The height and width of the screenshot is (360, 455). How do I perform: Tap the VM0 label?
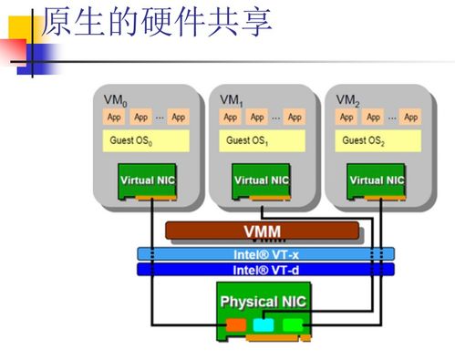[115, 99]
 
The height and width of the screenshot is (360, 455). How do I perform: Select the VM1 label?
[231, 99]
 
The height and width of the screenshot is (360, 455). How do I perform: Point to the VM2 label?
[346, 99]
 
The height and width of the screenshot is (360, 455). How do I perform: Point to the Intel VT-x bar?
[264, 254]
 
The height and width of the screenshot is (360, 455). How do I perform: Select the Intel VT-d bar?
[264, 270]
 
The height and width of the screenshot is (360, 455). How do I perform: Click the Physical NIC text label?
[264, 301]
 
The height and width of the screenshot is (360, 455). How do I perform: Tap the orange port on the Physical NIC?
[236, 324]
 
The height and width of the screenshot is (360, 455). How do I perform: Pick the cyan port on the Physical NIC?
[263, 324]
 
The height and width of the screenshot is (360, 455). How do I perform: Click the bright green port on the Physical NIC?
[292, 324]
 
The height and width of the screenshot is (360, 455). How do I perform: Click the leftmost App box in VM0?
[114, 118]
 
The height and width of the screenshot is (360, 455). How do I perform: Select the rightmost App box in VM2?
[410, 118]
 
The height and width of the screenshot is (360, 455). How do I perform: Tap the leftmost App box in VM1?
[230, 118]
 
